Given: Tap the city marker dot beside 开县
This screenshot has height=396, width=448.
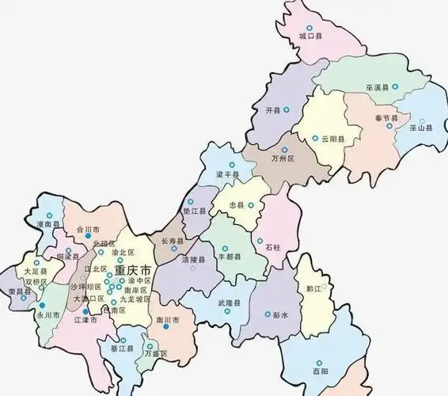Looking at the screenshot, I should point(287,109).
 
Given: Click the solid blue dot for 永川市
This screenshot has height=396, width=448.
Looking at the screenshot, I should point(43,304).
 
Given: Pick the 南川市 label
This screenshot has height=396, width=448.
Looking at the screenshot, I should point(169,319).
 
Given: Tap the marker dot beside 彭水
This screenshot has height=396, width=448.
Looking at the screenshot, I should point(268,314).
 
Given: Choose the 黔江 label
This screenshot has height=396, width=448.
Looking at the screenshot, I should point(312,289).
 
